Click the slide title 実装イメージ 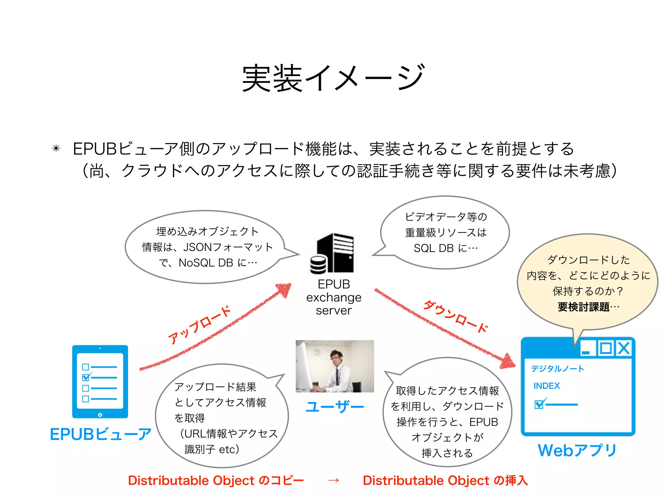pyautogui.click(x=333, y=78)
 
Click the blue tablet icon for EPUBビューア pyautogui.click(x=100, y=381)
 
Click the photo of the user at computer pyautogui.click(x=335, y=366)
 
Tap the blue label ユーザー pyautogui.click(x=335, y=407)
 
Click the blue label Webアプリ pyautogui.click(x=577, y=451)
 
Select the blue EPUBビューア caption pyautogui.click(x=100, y=434)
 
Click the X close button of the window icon pyautogui.click(x=623, y=348)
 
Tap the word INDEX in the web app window pyautogui.click(x=547, y=386)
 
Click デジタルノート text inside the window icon pyautogui.click(x=557, y=368)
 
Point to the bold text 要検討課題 pyautogui.click(x=584, y=307)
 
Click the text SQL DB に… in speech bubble pyautogui.click(x=446, y=248)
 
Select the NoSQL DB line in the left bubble pyautogui.click(x=208, y=262)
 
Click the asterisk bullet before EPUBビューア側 pyautogui.click(x=56, y=149)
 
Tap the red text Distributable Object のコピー pyautogui.click(x=216, y=480)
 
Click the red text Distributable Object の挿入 pyautogui.click(x=445, y=480)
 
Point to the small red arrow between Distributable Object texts pyautogui.click(x=334, y=480)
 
